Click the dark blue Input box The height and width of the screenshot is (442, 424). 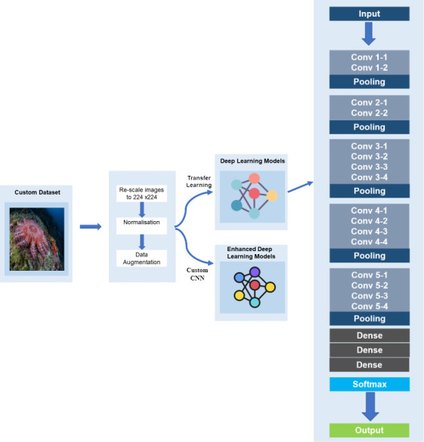369,14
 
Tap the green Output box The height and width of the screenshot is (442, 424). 369,430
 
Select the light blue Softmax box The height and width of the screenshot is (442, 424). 370,384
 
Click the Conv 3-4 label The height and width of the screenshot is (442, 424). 369,177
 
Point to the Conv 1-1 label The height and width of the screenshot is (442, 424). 369,57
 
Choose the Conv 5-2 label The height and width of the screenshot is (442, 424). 370,286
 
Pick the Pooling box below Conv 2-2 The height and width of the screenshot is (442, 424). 369,127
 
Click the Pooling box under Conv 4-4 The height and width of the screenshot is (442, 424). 370,256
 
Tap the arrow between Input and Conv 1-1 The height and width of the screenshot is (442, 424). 369,34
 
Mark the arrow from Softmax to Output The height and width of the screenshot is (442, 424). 370,407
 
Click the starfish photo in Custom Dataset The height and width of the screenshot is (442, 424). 37,239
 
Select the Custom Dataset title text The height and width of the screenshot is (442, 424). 37,192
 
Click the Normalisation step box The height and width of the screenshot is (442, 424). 141,226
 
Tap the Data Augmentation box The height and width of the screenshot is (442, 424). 141,258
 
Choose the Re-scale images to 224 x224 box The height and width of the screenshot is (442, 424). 141,193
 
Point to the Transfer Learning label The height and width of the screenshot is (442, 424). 199,182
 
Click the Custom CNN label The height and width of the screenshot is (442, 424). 197,274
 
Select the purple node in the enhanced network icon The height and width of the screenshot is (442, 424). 255,272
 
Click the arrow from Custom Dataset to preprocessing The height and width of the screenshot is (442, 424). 91,226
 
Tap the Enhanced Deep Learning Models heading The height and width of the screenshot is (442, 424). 251,253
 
